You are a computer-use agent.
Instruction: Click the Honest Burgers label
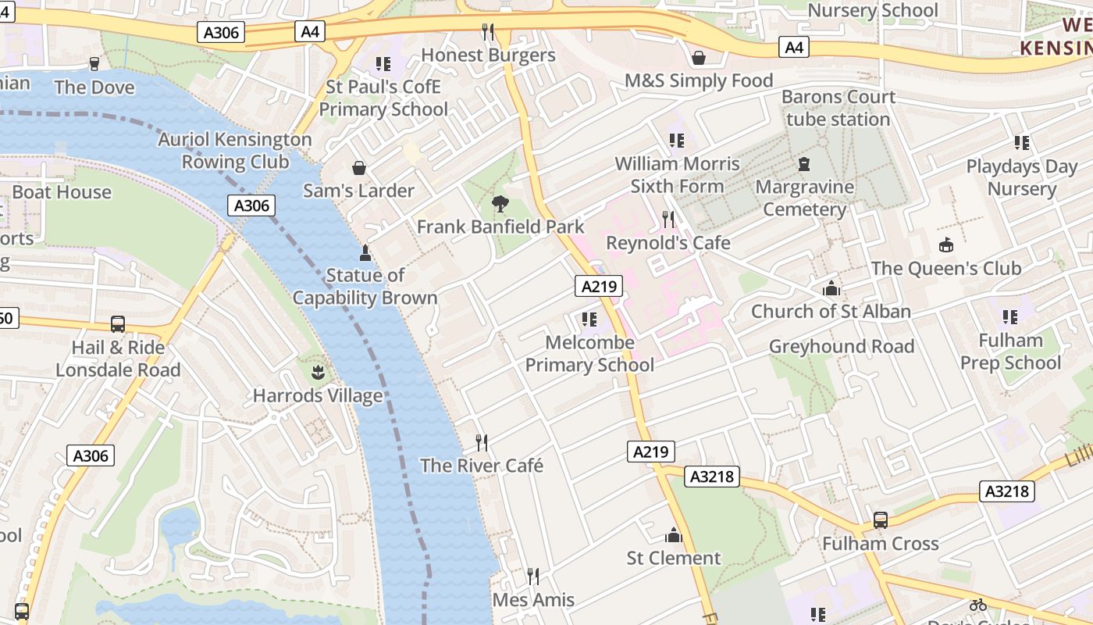pos(488,55)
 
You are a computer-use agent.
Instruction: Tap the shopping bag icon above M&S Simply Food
pos(699,58)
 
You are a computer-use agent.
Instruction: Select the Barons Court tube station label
pos(838,108)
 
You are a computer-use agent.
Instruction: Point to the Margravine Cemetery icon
pos(804,165)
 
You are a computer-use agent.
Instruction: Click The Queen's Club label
pos(945,268)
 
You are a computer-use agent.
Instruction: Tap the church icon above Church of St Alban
pos(831,288)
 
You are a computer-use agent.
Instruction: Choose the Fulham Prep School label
pos(1010,352)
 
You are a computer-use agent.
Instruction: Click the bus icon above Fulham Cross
pos(880,520)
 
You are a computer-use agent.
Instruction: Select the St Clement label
pos(674,558)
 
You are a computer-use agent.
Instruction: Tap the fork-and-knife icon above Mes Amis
pos(533,577)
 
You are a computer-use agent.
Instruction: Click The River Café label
pos(482,466)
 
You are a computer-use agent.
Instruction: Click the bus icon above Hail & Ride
pos(118,323)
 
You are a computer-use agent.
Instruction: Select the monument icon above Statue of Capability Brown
pos(365,252)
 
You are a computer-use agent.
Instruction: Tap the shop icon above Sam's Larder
pos(359,168)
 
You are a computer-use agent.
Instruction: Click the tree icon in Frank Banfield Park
pos(500,204)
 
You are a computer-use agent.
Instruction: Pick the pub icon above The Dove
pos(94,64)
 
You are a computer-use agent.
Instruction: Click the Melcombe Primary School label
pos(589,353)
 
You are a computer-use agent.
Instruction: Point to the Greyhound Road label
pos(842,346)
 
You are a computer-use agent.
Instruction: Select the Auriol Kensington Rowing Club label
pos(235,151)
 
